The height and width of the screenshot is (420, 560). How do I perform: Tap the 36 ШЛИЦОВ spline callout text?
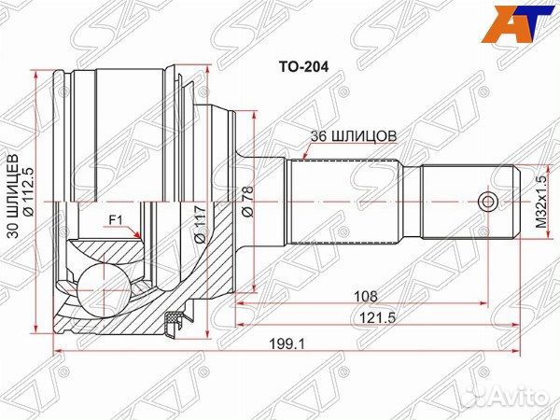[x=353, y=134]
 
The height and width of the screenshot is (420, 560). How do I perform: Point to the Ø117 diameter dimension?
[x=200, y=223]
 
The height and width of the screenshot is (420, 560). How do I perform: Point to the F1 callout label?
[x=116, y=220]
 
